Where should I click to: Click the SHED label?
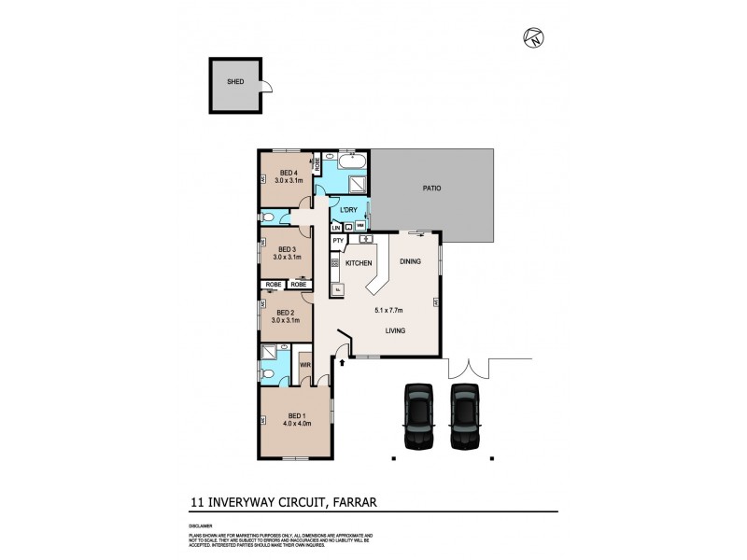click(235, 82)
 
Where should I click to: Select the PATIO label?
click(430, 188)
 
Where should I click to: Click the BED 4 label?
click(289, 173)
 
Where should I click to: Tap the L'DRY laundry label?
click(349, 210)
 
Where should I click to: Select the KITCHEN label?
click(359, 264)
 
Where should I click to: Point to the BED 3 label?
click(288, 248)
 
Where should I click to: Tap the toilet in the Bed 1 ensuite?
click(268, 373)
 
